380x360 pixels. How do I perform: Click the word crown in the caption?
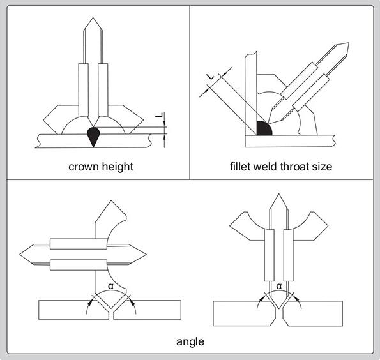(x=83, y=167)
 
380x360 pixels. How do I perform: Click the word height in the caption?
(x=118, y=167)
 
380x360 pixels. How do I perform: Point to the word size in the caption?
(x=322, y=167)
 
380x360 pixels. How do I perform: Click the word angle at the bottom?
(x=190, y=342)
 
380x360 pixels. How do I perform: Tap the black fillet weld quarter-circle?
(x=264, y=128)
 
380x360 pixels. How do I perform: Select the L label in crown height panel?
(x=160, y=115)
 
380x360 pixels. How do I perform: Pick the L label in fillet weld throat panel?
(x=211, y=77)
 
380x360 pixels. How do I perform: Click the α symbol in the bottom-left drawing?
(x=110, y=287)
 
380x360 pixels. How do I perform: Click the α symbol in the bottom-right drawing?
(x=279, y=287)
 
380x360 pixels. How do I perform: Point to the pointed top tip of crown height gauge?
(x=93, y=17)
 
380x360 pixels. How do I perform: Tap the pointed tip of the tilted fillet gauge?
(x=349, y=43)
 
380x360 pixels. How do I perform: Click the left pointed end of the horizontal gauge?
(x=20, y=255)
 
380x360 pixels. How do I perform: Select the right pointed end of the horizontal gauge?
(x=146, y=255)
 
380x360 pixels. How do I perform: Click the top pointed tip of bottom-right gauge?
(x=278, y=194)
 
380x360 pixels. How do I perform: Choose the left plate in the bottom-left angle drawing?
(x=73, y=310)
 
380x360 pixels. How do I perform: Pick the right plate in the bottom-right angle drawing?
(x=313, y=313)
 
